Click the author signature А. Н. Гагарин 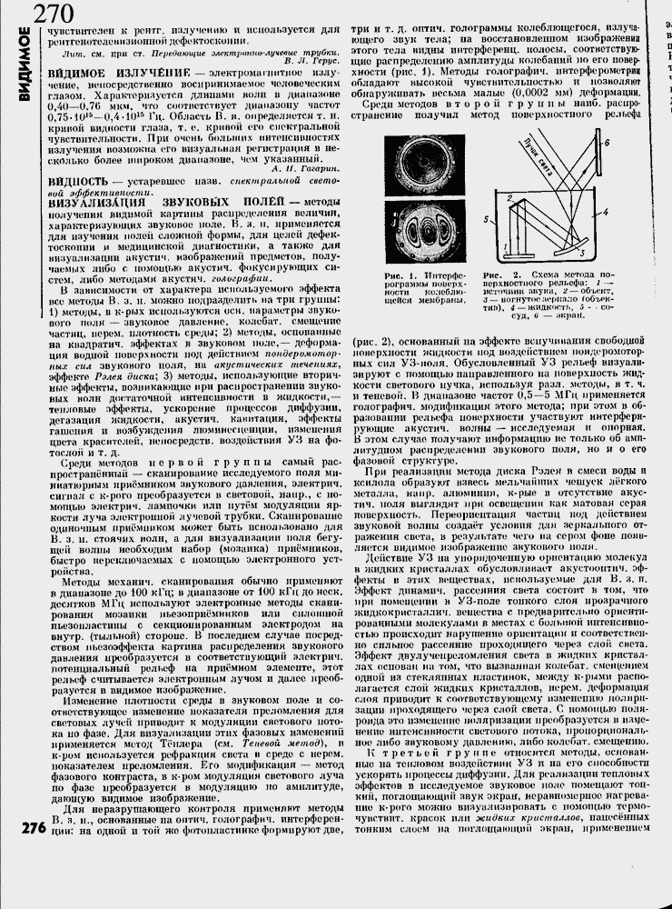(303, 168)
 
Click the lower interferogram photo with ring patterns (420, 231)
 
